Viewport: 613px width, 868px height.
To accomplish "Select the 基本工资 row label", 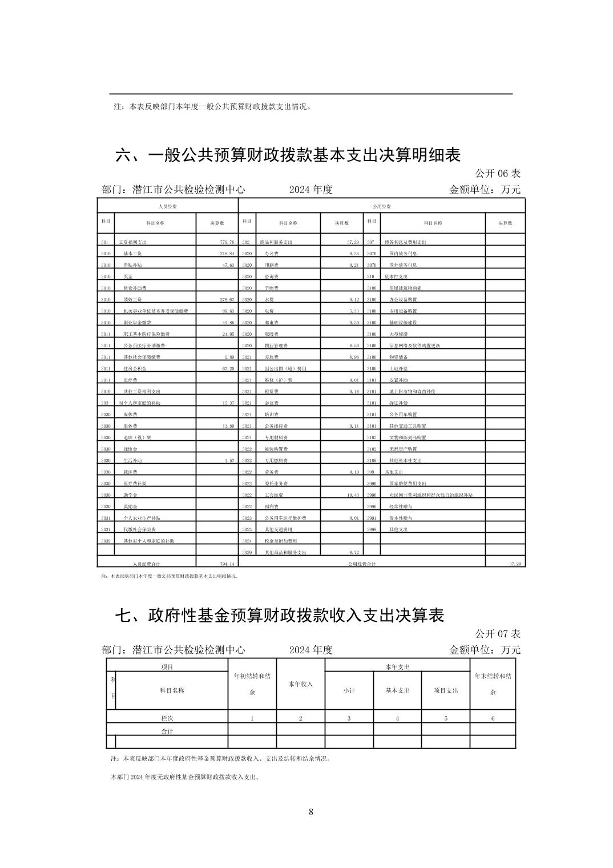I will coord(133,254).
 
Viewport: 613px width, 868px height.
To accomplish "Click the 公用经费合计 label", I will coord(362,564).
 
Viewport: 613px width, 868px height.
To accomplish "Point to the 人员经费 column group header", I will coord(167,206).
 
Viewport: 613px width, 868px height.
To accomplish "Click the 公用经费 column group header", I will coord(381,206).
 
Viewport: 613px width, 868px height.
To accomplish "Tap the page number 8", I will coord(310,812).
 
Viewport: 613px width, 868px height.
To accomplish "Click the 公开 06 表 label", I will coord(498,174).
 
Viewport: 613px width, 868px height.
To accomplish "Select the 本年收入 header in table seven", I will coord(300,684).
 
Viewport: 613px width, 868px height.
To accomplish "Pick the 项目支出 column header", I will coord(446,690).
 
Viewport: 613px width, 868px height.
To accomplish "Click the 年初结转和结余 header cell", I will coord(252,684).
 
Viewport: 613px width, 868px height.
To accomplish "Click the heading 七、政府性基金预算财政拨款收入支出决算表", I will coord(280,615).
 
